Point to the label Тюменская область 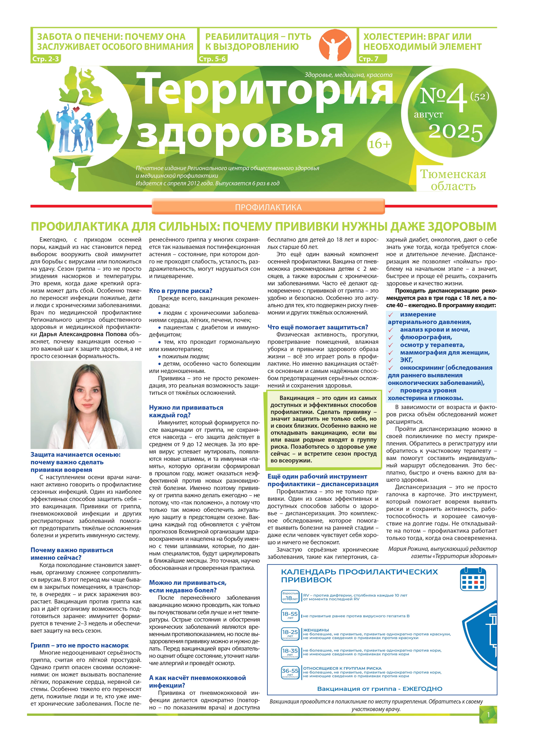(453, 180)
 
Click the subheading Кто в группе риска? (181, 291)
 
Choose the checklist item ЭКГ (406, 360)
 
